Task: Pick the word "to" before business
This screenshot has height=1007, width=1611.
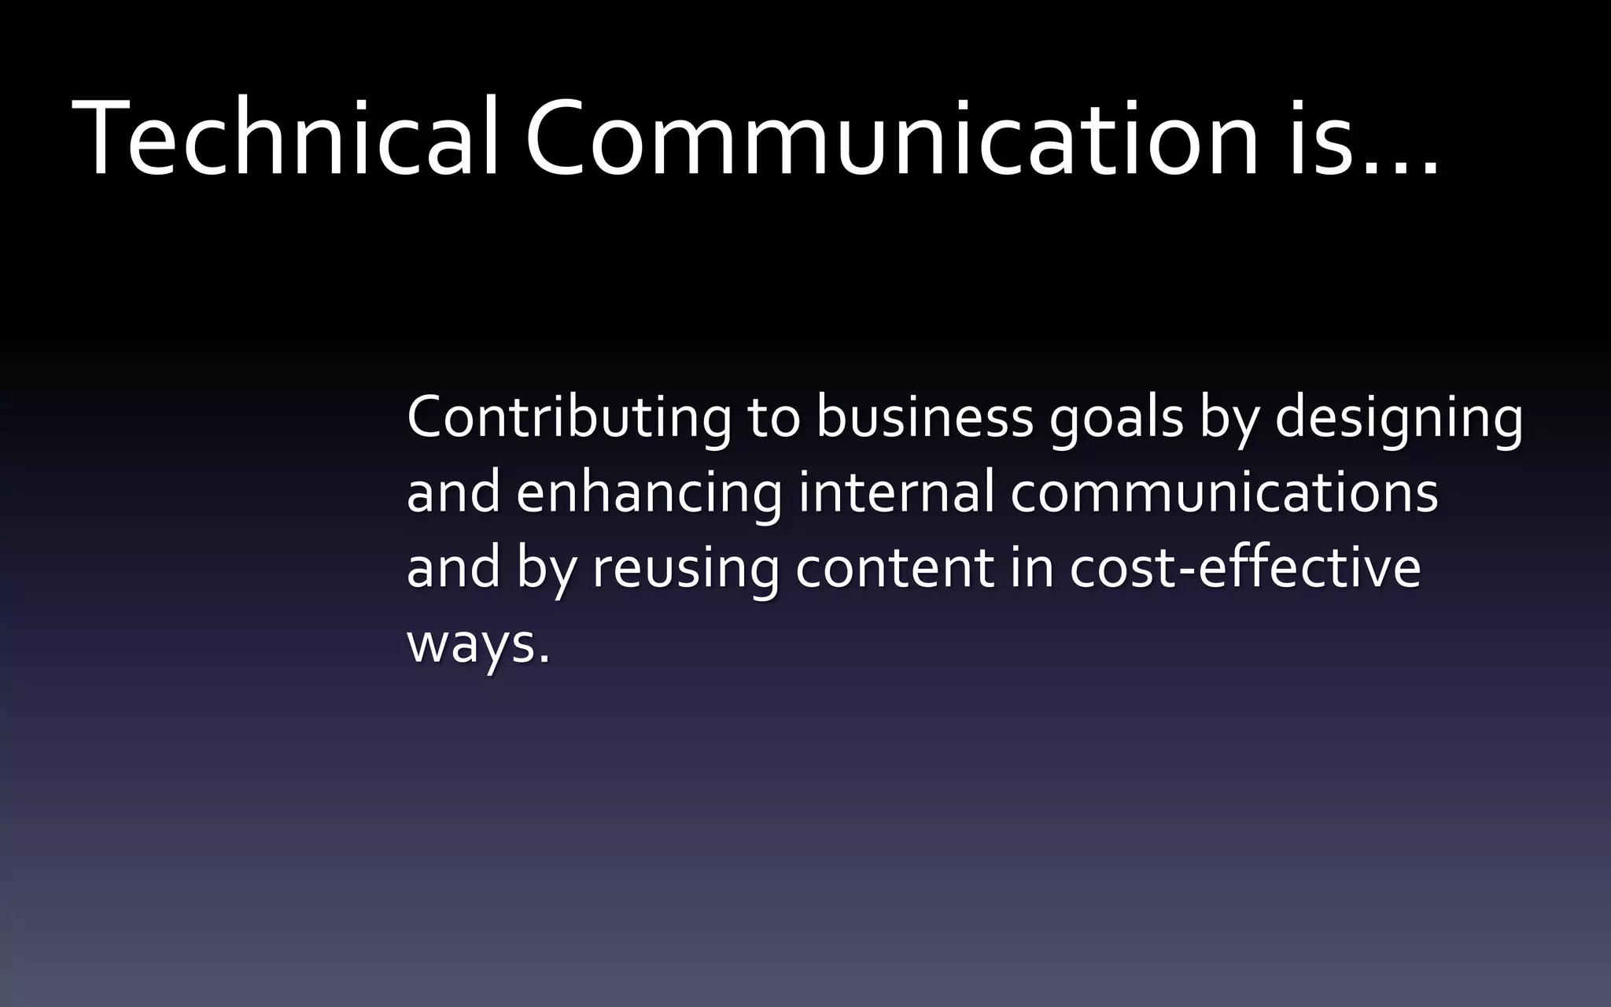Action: (773, 419)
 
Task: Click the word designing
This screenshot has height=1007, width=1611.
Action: (1398, 419)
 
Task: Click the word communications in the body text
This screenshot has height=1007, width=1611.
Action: (1224, 492)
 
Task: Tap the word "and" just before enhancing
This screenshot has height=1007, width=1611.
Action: (453, 492)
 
